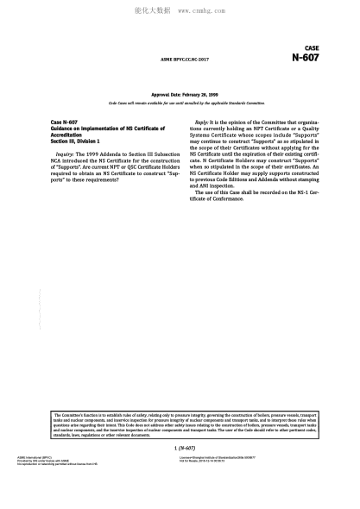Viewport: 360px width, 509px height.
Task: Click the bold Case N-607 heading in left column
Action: [x=65, y=123]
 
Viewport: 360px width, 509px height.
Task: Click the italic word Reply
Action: [x=202, y=123]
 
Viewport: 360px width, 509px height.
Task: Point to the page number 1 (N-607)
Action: [x=184, y=449]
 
